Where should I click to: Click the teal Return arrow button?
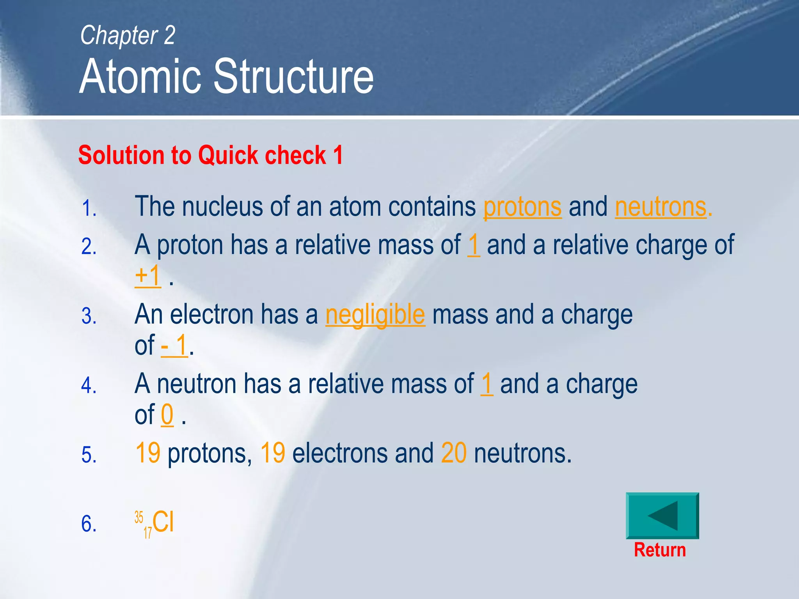(662, 516)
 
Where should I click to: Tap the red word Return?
(659, 550)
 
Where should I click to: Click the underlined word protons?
(522, 207)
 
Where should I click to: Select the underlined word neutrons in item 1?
(661, 207)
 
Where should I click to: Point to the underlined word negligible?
(375, 315)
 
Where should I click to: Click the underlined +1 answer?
(147, 276)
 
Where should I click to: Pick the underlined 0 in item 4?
(167, 415)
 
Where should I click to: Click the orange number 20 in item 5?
(454, 453)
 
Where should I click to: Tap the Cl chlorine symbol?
(163, 521)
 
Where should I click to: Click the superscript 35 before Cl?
(139, 517)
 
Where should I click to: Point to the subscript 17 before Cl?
(147, 532)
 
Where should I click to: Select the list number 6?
(89, 524)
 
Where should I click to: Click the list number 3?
(89, 316)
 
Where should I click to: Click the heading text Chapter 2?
(128, 35)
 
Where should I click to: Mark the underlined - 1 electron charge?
(174, 346)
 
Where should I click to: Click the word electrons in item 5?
(339, 454)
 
